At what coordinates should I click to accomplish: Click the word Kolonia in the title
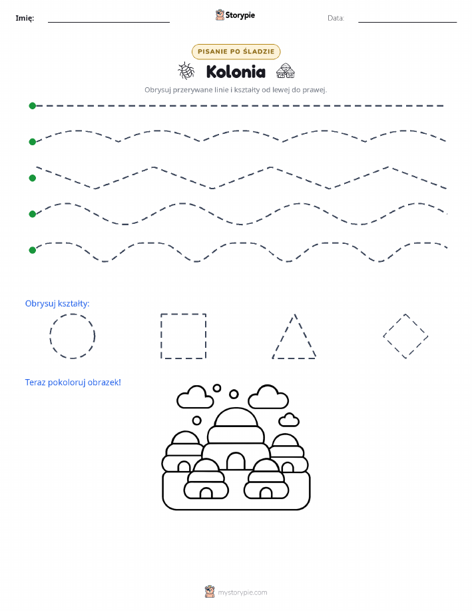click(x=236, y=72)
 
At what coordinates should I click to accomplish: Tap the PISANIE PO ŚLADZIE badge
click(x=236, y=51)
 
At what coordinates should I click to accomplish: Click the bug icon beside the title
click(x=186, y=71)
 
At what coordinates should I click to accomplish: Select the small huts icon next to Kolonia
click(x=286, y=71)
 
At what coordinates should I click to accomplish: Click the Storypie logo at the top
click(x=235, y=15)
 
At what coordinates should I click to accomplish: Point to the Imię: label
click(x=25, y=18)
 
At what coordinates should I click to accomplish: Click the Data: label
click(x=336, y=18)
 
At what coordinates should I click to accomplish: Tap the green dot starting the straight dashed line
click(x=33, y=105)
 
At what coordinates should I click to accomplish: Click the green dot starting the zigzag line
click(x=33, y=178)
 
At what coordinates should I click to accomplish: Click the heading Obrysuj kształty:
click(x=57, y=304)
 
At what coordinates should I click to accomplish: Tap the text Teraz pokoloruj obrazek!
click(x=73, y=382)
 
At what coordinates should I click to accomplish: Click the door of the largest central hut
click(x=236, y=461)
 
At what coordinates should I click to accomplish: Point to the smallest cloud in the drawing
click(x=289, y=420)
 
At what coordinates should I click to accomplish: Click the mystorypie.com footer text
click(x=242, y=592)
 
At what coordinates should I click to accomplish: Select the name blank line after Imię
click(x=109, y=22)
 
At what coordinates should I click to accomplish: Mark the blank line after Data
click(x=407, y=22)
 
